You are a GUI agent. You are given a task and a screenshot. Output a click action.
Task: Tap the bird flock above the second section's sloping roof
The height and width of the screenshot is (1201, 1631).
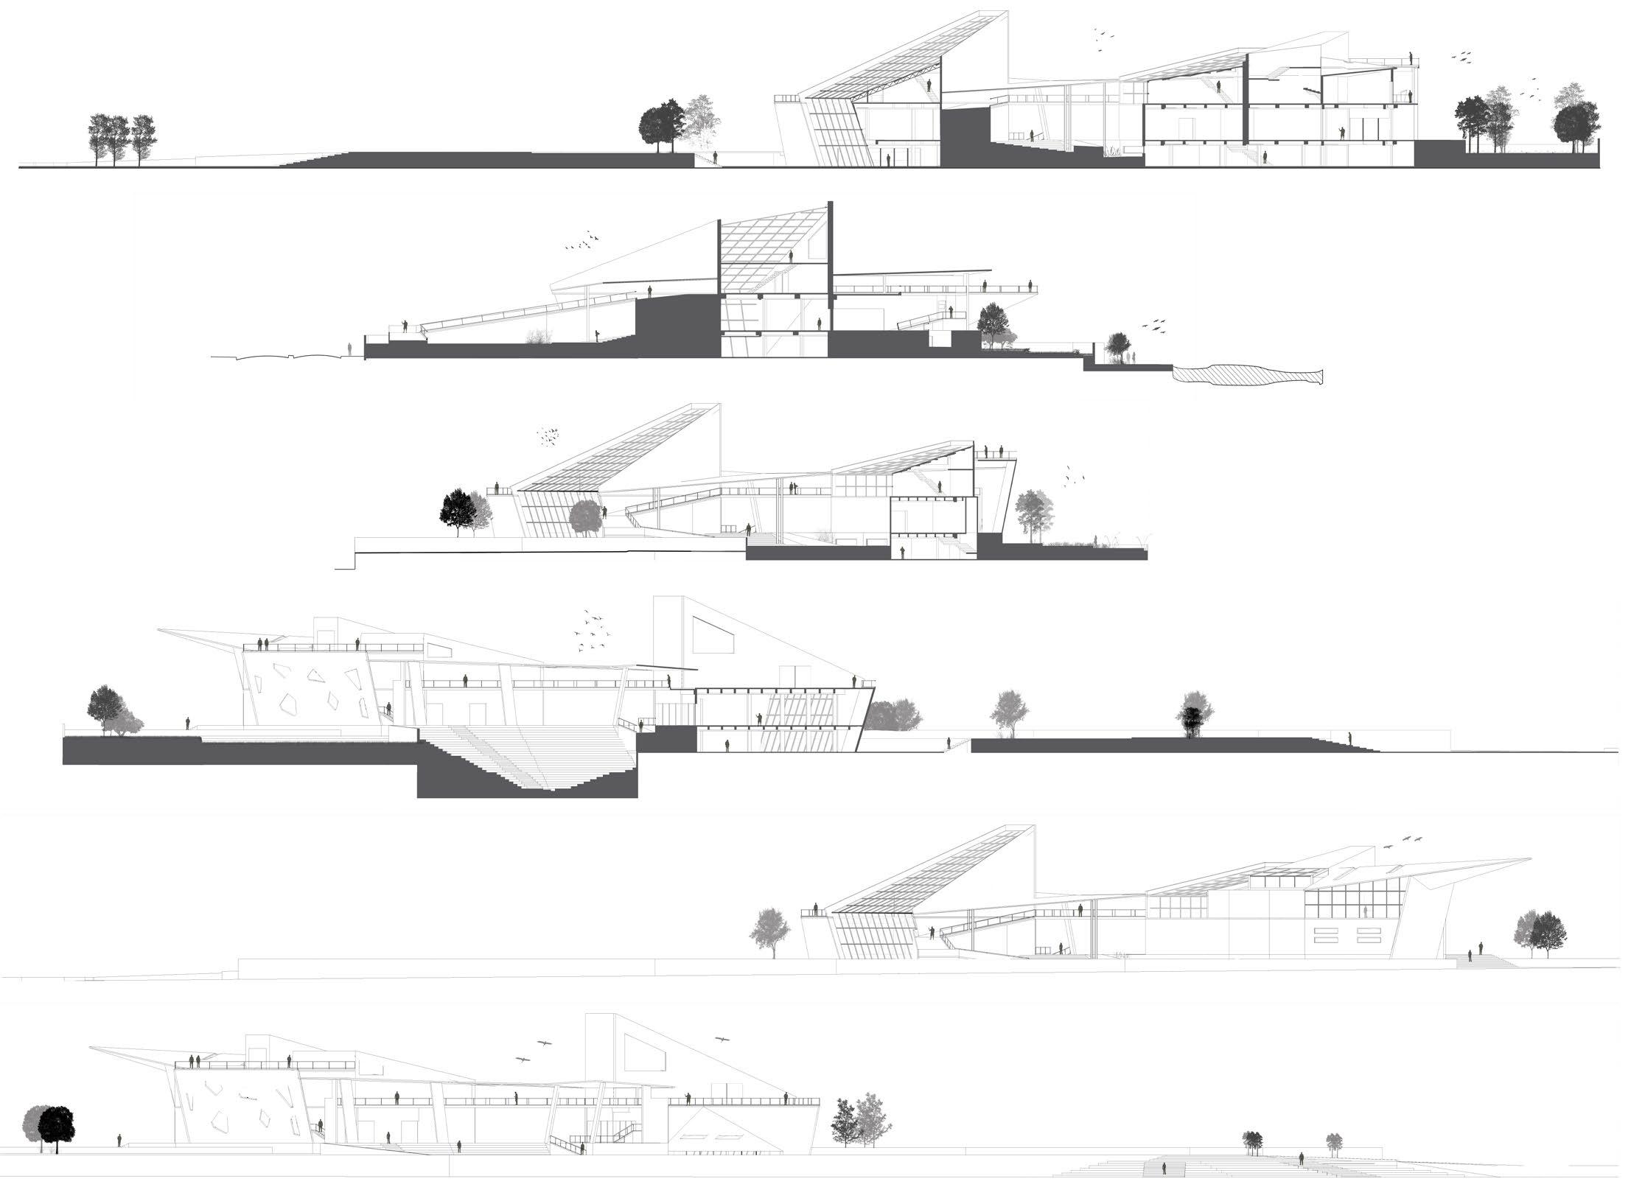[581, 242]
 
